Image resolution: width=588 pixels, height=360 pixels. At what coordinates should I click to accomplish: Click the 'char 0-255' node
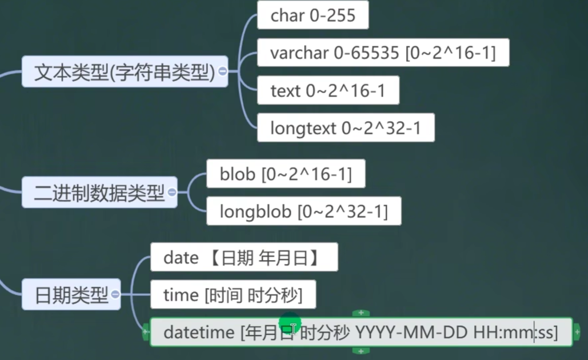coord(313,15)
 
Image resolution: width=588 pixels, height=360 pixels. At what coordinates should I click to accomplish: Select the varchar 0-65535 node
coord(383,53)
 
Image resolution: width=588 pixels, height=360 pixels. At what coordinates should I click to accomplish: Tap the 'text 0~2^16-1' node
coord(328,91)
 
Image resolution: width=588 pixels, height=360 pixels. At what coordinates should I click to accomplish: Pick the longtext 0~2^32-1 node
coord(346,128)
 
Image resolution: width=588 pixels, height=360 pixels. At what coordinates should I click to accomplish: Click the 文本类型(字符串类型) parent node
coord(123,72)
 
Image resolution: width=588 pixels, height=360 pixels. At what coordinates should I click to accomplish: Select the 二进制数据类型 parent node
coord(99,193)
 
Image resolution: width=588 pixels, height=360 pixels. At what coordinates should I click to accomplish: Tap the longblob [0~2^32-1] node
coord(303,211)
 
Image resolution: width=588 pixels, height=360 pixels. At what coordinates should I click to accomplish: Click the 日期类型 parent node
coord(71,295)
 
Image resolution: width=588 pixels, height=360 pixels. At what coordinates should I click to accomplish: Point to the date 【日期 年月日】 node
coord(244,258)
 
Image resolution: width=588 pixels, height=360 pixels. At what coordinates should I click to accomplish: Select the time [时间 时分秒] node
coord(233,295)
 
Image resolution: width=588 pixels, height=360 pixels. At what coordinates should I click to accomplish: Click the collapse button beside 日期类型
coord(115,295)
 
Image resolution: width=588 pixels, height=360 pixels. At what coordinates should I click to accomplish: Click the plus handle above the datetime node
coord(361,313)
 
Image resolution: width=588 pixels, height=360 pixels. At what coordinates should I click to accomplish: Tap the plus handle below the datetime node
coord(361,351)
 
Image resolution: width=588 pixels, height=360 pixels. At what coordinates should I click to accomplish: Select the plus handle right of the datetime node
coord(577,331)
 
